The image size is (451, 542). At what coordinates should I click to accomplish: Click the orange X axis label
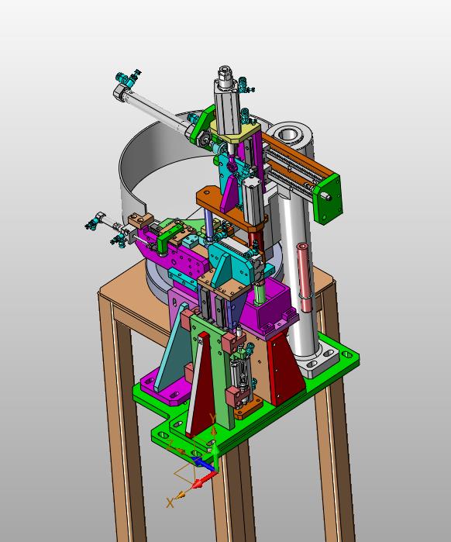(170, 502)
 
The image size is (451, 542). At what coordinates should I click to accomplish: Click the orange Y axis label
(213, 418)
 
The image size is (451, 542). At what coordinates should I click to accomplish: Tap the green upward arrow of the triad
(215, 456)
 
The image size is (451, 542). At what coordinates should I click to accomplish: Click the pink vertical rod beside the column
(304, 277)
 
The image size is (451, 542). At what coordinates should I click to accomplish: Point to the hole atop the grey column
(287, 134)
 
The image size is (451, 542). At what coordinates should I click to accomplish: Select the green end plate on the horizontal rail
(328, 199)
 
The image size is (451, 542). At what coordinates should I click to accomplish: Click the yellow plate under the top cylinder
(236, 133)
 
